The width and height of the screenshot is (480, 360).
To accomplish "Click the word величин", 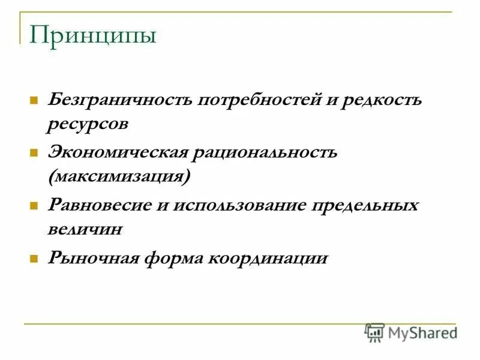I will pos(85,229).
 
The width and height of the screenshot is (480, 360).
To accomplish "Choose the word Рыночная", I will pos(91,257).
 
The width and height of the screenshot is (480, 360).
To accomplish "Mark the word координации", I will pos(269,257).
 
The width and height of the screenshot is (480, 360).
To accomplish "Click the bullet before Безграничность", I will pos(34,99).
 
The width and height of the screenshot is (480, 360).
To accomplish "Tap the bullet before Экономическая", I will pos(34,152).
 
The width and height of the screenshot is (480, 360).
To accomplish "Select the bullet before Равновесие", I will pos(34,205).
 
